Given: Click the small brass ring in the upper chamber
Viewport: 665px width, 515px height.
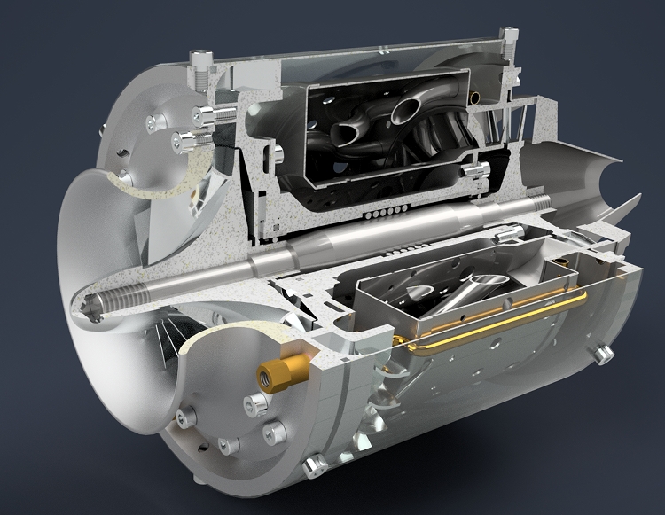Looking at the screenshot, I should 478,95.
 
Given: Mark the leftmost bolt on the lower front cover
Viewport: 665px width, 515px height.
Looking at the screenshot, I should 187,417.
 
